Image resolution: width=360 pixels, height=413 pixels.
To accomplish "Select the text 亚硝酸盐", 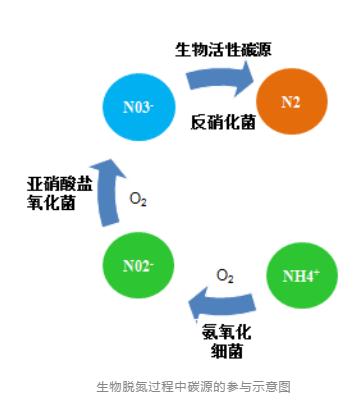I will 58,183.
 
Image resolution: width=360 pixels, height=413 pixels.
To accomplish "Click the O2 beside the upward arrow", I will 139,197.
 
